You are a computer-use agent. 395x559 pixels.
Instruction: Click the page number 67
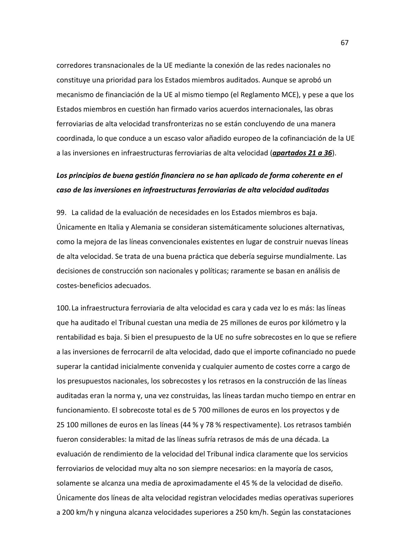pyautogui.click(x=344, y=43)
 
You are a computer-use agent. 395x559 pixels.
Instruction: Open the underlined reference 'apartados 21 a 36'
pyautogui.click(x=302, y=153)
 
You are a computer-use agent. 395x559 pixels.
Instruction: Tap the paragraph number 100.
pyautogui.click(x=63, y=308)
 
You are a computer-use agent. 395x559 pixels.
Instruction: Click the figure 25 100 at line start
pyautogui.click(x=67, y=425)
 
